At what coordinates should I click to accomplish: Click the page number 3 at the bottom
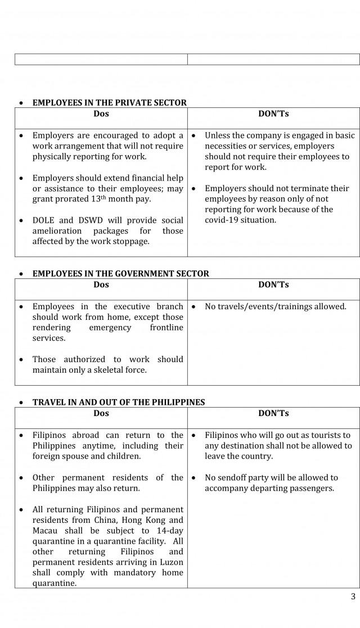point(353,597)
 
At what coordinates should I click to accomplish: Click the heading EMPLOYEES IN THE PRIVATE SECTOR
point(109,103)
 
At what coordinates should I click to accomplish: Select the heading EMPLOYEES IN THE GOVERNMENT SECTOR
point(120,274)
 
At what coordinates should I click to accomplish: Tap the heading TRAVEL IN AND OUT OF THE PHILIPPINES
point(118,403)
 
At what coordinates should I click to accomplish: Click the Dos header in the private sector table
point(101,114)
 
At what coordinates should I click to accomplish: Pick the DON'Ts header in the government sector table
point(273,284)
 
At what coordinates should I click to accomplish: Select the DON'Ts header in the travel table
point(273,413)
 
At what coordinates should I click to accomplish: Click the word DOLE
point(44,220)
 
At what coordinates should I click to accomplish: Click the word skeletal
point(120,370)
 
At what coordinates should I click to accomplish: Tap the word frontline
point(166,328)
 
